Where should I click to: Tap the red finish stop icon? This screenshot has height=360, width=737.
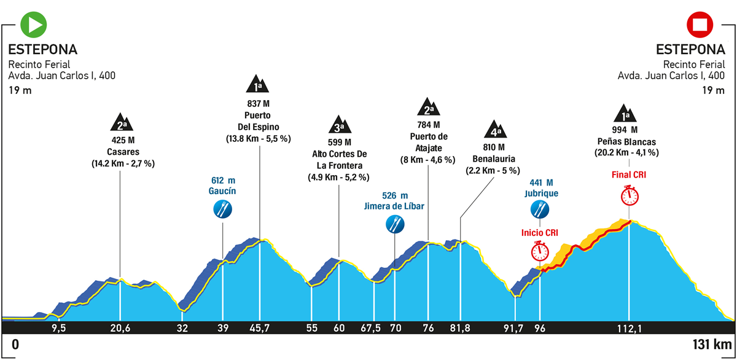[700, 25]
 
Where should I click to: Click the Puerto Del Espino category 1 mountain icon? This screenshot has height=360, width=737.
[259, 85]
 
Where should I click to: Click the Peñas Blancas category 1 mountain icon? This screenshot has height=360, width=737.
[629, 112]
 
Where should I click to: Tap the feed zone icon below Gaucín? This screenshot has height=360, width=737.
[222, 210]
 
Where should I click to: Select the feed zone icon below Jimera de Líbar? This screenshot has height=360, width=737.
[394, 224]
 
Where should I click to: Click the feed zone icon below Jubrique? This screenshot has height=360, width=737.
[540, 210]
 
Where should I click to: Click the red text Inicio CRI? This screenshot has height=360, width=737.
[540, 233]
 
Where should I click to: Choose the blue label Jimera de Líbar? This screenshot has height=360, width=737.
[394, 206]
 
